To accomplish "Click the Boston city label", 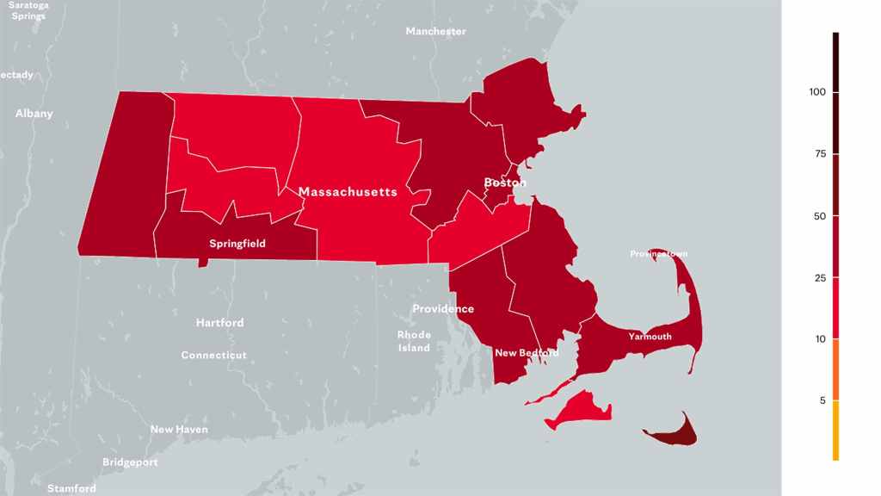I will [x=504, y=183].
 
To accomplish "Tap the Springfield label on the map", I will [x=237, y=244].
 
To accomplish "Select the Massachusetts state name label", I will [x=348, y=191].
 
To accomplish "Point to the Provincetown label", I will [x=658, y=254].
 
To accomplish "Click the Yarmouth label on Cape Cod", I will [x=650, y=337].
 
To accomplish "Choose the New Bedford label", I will [x=526, y=353].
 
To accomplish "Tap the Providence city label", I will [x=443, y=308].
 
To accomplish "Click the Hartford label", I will [x=219, y=323].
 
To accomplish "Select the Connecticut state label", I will [x=213, y=355].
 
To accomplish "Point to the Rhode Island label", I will [x=414, y=341].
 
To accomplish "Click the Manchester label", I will [x=435, y=31].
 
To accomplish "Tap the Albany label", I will [x=34, y=114].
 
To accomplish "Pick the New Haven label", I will [x=179, y=429].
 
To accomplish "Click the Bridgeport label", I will [x=130, y=462].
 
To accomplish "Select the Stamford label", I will [x=71, y=488].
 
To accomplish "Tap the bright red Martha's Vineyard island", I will [x=582, y=409].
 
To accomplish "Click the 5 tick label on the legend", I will [x=822, y=401].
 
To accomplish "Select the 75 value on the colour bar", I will [x=820, y=154].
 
